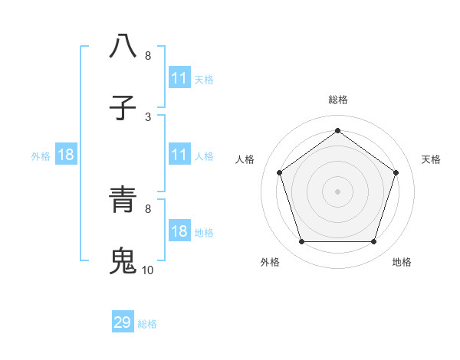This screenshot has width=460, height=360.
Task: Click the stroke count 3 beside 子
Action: pos(148,116)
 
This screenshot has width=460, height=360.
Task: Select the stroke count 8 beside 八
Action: pos(148,55)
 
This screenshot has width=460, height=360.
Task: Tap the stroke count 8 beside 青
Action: pos(148,208)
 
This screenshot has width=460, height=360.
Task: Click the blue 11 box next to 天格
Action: pos(179,78)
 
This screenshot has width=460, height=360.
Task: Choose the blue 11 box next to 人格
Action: pos(179,155)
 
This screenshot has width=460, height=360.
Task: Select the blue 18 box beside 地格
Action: pos(179,231)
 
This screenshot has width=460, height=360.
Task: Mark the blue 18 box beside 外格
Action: pos(67,155)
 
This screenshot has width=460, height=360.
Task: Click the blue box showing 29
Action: pos(123,322)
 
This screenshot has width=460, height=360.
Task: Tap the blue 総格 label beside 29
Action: pos(148,324)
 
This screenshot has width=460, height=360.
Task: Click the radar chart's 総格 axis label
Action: pos(338,100)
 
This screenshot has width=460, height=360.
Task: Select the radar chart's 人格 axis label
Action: pos(245,159)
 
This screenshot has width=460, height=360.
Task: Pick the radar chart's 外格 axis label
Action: pos(270,262)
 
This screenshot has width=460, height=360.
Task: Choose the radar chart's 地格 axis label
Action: pos(402,262)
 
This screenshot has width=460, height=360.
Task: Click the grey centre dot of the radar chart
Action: pos(337,191)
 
